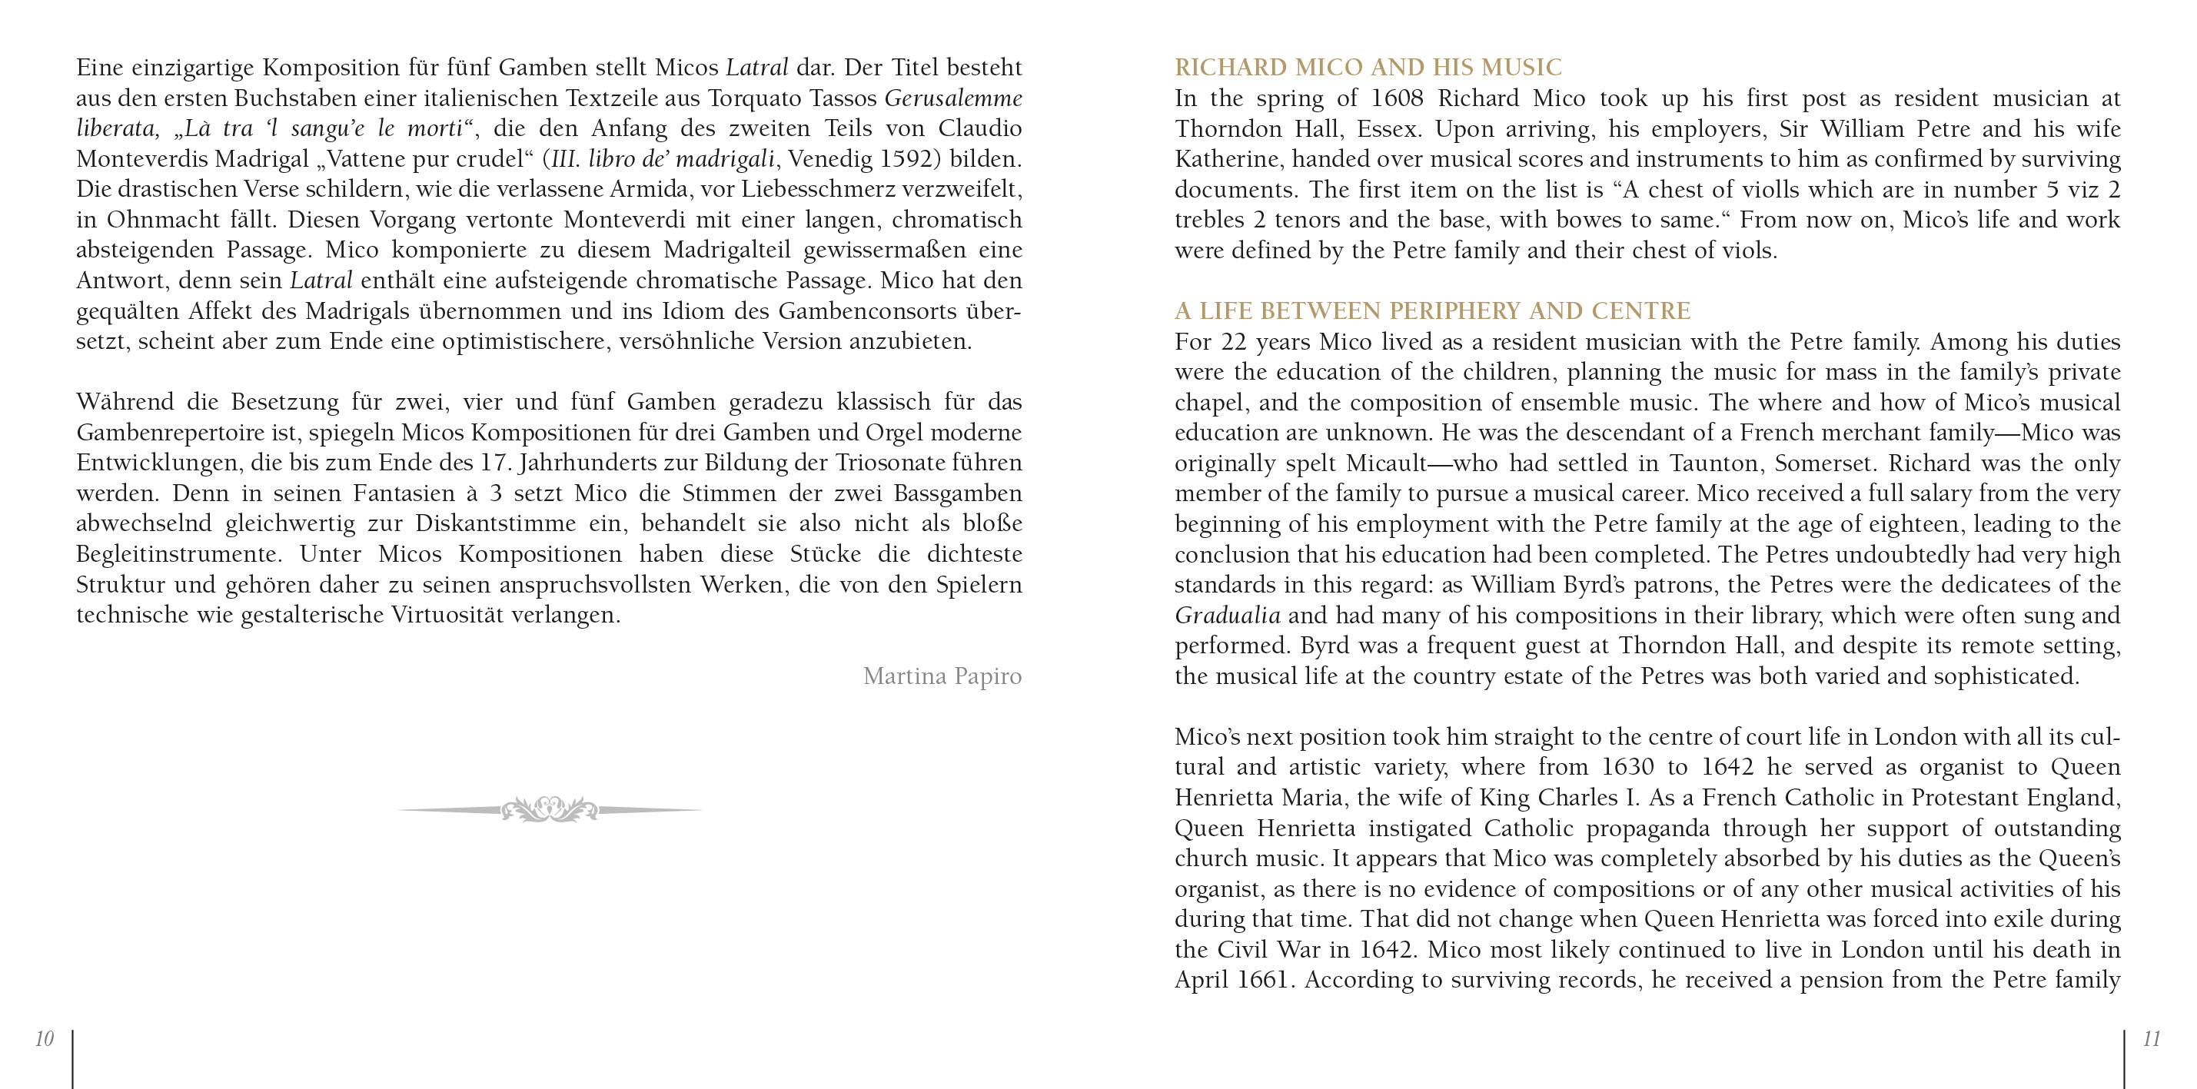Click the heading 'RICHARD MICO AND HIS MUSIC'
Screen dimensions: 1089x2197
tap(1368, 68)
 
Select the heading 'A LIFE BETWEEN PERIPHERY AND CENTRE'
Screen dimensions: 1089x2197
tap(1432, 310)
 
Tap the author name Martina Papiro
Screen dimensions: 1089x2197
tap(942, 676)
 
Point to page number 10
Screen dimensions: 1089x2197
tap(45, 1038)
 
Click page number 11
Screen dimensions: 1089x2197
tap(2151, 1038)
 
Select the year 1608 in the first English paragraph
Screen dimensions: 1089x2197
tap(1394, 98)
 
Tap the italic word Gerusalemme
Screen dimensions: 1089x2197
tap(952, 98)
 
